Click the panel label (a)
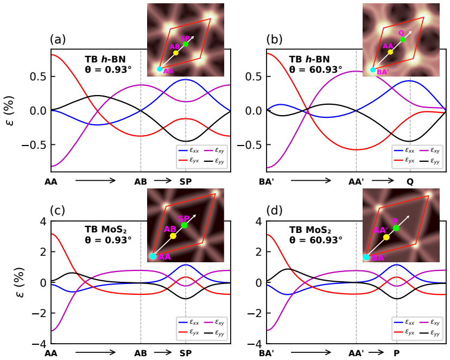tap(58, 40)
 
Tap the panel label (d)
tap(275, 211)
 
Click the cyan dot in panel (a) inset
tap(160, 69)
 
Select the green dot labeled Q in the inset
tap(403, 40)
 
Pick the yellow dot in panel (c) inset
tap(173, 236)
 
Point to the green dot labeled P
tap(396, 228)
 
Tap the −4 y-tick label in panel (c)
tap(39, 344)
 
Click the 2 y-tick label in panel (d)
tap(259, 252)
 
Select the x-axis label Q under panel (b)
tap(410, 181)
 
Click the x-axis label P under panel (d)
tap(397, 353)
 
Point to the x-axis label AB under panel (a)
tap(141, 181)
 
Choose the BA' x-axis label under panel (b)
tap(265, 181)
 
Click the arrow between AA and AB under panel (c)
tap(96, 352)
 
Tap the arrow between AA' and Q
tap(383, 181)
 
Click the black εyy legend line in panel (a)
tap(210, 161)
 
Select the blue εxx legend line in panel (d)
tap(400, 323)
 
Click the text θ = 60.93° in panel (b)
tap(315, 69)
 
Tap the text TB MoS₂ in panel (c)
tap(106, 230)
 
